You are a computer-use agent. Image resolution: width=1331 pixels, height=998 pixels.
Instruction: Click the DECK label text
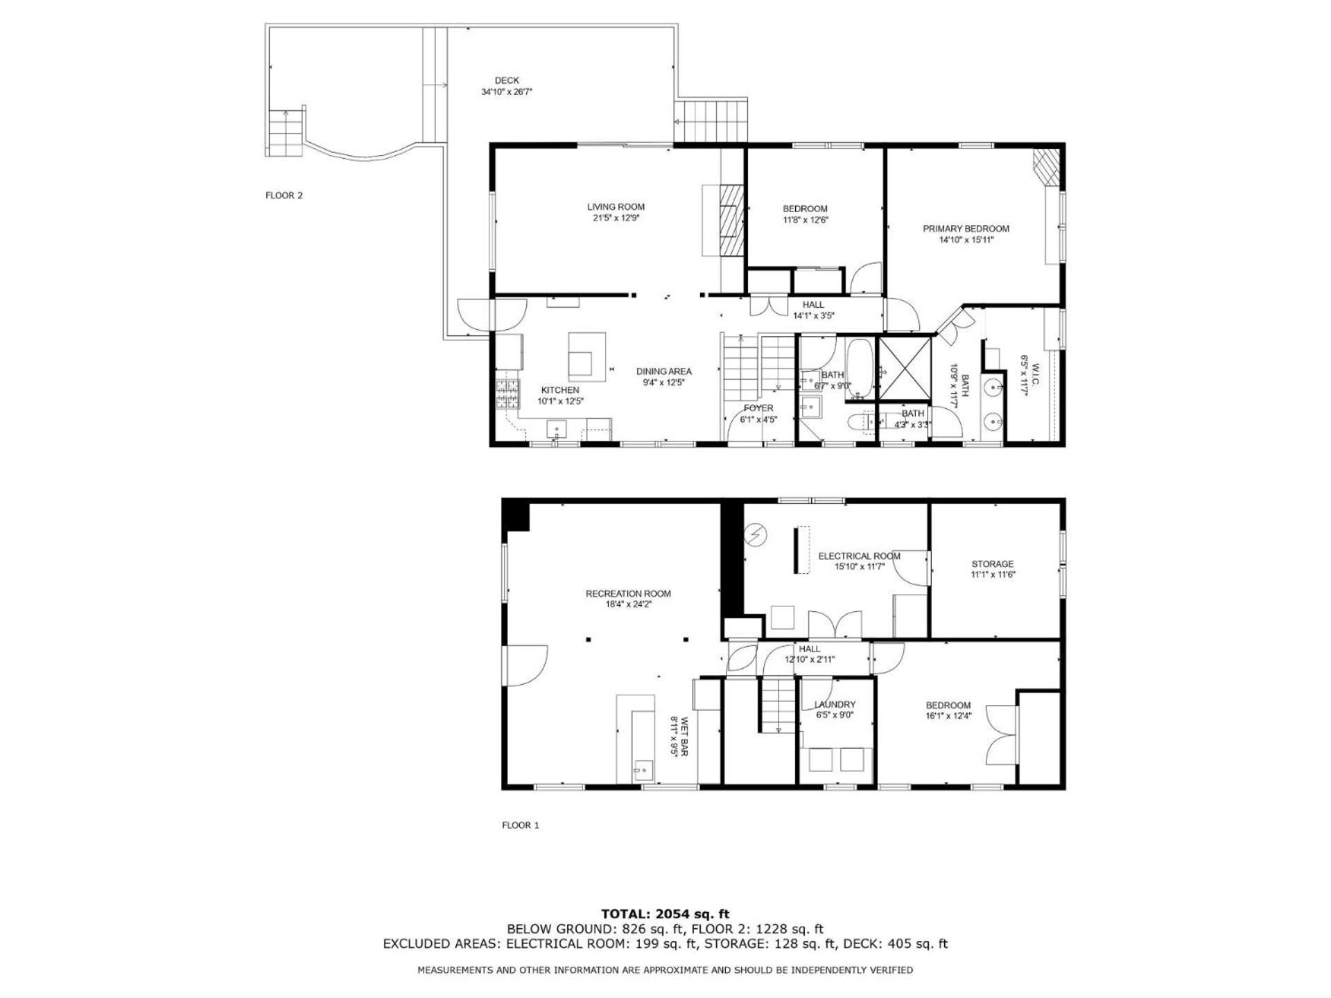coord(507,80)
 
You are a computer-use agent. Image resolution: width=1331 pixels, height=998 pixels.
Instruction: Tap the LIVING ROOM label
coord(616,207)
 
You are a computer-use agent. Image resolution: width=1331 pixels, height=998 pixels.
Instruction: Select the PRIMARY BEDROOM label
coord(966,229)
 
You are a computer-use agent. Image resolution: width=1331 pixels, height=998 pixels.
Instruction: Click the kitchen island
coord(587,357)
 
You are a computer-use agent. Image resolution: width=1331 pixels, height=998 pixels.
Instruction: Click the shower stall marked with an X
coord(904,369)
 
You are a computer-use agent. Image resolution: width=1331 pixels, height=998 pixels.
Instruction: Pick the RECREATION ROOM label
coord(628,593)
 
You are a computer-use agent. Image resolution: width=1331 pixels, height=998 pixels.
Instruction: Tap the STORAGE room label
coord(992,564)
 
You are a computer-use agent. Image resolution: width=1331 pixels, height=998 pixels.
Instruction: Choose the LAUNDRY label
coord(835,705)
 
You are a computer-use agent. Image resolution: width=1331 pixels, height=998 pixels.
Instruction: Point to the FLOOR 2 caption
coord(284,195)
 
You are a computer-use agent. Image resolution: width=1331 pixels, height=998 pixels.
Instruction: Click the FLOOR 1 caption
coord(521,825)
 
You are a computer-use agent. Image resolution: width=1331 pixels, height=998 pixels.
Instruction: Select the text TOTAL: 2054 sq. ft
coord(665,914)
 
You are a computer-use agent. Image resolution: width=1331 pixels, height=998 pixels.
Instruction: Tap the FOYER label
coord(758,408)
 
